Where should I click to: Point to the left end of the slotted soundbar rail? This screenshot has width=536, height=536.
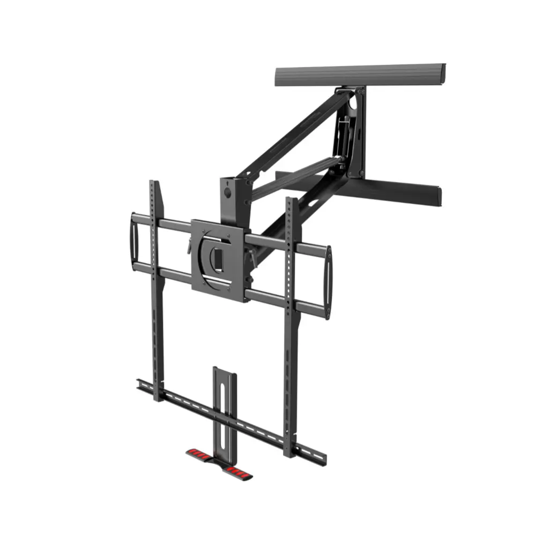[140, 384]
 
